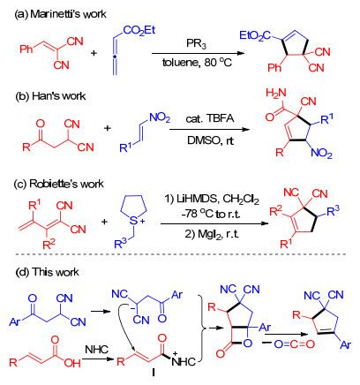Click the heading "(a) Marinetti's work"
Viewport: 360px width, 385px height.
pyautogui.click(x=60, y=14)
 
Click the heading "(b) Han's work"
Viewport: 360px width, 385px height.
pyautogui.click(x=50, y=96)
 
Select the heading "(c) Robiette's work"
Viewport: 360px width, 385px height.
pyautogui.click(x=59, y=184)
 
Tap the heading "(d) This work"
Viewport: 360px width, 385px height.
pyautogui.click(x=47, y=272)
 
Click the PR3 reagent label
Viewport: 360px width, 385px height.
pyautogui.click(x=196, y=44)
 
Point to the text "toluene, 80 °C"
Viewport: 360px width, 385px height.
pyautogui.click(x=197, y=63)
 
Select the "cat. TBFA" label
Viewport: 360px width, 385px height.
pyautogui.click(x=210, y=118)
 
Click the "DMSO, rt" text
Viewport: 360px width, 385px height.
pyautogui.click(x=210, y=140)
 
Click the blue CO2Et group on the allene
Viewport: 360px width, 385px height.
pyautogui.click(x=139, y=31)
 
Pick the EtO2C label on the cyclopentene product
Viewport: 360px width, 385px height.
pyautogui.click(x=255, y=36)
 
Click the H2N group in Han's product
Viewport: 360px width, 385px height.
pyautogui.click(x=276, y=94)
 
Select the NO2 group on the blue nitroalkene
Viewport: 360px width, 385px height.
pyautogui.click(x=160, y=118)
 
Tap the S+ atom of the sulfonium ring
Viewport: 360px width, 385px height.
pyautogui.click(x=136, y=221)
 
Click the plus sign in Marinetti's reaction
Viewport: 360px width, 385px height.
pyautogui.click(x=94, y=53)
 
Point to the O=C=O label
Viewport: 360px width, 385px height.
pyautogui.click(x=295, y=344)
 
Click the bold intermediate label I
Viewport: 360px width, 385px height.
pyautogui.click(x=154, y=373)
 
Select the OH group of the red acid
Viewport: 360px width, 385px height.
pyautogui.click(x=72, y=363)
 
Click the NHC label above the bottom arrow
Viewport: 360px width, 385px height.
pyautogui.click(x=96, y=350)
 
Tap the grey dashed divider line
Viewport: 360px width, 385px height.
pyautogui.click(x=180, y=254)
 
